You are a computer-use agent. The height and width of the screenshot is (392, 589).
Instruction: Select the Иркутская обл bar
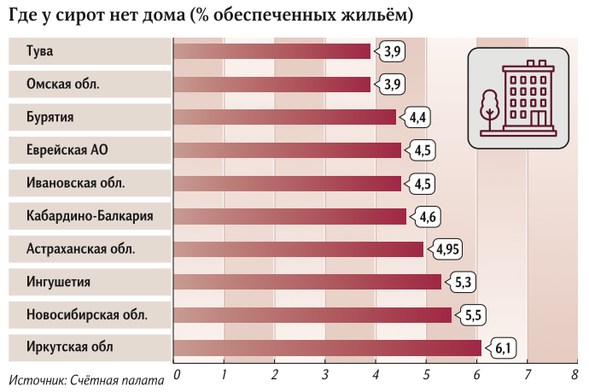coord(327,348)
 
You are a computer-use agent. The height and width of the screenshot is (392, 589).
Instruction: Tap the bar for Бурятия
coord(284,117)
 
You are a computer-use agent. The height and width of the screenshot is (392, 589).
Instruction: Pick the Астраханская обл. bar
coord(298,249)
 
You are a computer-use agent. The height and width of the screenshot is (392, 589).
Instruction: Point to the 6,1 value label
coord(502,348)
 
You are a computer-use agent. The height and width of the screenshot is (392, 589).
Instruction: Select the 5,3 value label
coord(462,282)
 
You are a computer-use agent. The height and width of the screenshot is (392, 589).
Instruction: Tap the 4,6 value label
coord(427,216)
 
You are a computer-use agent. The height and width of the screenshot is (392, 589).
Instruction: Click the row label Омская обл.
coord(63,85)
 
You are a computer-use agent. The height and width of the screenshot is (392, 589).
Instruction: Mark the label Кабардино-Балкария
coord(90,216)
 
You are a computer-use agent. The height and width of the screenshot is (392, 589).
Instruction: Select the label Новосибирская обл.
coord(87,315)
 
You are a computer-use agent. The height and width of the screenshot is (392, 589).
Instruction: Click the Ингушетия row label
coord(59,282)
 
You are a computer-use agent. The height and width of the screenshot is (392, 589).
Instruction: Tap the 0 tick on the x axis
coord(176,373)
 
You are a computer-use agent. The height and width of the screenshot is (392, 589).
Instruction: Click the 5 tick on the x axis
coord(426,373)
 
